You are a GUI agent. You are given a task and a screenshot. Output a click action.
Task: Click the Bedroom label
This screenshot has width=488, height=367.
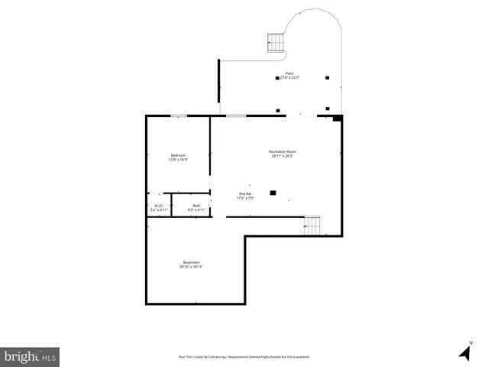tap(177, 155)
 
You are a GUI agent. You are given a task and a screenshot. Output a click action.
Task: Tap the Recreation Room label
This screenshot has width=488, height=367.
tap(282, 151)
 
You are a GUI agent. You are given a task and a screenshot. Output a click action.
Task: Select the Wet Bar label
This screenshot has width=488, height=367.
tap(245, 193)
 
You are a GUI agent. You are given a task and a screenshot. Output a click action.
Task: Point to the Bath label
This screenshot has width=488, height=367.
tap(196, 205)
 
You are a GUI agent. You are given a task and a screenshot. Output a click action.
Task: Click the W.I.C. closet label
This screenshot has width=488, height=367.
tap(158, 205)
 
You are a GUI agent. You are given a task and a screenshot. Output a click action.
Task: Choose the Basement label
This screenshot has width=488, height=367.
tap(191, 262)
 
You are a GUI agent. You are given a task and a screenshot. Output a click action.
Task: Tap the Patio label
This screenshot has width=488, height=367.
tap(289, 73)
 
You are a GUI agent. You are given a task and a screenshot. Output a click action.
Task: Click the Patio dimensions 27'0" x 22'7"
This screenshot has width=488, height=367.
tap(289, 78)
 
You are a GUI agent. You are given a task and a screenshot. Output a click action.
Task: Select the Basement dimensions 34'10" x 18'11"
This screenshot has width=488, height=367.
tap(191, 267)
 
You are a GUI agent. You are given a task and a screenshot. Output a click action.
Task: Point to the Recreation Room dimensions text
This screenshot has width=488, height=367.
tap(282, 156)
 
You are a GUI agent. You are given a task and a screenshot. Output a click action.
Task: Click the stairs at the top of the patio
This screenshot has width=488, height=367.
tap(275, 42)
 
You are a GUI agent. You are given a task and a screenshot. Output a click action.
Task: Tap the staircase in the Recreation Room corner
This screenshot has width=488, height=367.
tap(312, 226)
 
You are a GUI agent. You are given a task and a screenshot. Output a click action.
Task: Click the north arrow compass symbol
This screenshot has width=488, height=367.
tap(464, 351)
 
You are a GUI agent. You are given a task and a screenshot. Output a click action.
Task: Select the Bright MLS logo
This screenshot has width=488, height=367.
tap(30, 357)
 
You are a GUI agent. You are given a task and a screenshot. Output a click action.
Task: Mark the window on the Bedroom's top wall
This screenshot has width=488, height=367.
tap(179, 115)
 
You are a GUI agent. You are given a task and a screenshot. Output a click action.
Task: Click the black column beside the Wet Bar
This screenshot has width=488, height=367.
tap(273, 192)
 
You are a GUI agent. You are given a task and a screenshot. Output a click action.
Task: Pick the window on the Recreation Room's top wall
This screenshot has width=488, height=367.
tap(236, 115)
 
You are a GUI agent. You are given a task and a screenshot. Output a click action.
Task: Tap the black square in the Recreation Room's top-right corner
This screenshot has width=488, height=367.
tap(337, 118)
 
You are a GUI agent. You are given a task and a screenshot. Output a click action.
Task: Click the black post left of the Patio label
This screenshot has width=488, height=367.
tap(277, 77)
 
